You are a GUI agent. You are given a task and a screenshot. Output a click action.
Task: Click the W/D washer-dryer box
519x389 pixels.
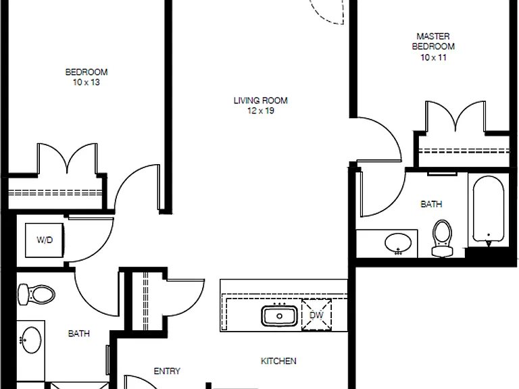click(x=45, y=240)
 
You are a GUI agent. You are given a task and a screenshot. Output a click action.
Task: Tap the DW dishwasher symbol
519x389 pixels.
click(x=316, y=315)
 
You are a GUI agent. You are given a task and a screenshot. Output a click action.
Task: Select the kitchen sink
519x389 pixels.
click(x=279, y=315)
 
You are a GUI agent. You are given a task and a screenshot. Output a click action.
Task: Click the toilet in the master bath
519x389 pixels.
click(x=442, y=238)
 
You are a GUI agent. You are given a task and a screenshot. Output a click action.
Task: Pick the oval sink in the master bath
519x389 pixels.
click(x=398, y=243)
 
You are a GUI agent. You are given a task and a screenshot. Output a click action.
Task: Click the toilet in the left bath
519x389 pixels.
click(x=36, y=294)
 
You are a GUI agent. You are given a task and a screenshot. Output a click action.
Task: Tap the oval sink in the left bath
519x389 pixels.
click(x=30, y=340)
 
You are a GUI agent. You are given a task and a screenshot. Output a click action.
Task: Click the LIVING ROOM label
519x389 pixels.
click(x=260, y=101)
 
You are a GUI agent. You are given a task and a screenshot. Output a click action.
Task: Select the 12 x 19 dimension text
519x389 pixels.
click(x=261, y=111)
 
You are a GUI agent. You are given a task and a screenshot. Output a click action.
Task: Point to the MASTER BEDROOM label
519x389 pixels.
click(x=433, y=41)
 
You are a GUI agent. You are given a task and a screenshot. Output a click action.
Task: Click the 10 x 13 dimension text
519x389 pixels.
click(x=86, y=82)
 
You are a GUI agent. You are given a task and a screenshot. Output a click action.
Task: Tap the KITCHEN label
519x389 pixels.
click(x=278, y=361)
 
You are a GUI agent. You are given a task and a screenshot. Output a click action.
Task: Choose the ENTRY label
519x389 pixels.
click(x=167, y=371)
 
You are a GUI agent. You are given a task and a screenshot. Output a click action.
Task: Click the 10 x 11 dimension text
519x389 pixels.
click(x=433, y=57)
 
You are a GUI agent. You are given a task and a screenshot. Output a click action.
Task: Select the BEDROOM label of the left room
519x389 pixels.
click(x=86, y=72)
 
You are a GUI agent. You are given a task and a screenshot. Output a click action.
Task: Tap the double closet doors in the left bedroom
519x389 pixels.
click(x=67, y=159)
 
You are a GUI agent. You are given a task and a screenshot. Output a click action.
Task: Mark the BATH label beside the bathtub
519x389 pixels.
click(x=431, y=204)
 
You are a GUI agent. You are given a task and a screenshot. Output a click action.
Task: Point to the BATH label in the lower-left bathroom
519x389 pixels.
click(x=79, y=334)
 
